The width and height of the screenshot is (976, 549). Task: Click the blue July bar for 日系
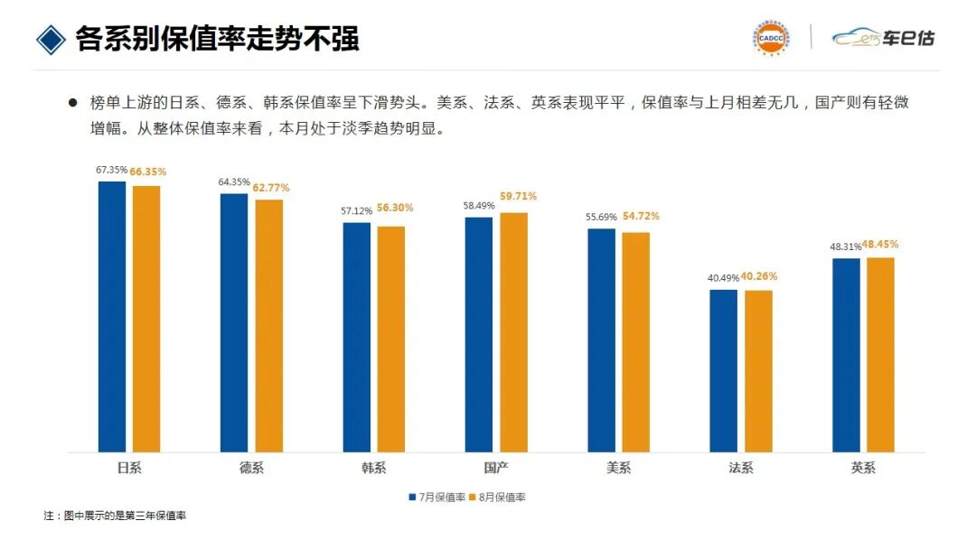112,316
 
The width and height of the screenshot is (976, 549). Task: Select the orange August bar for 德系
268,325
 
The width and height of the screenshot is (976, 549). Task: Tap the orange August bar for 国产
513,331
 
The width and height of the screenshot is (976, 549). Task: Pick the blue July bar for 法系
723,370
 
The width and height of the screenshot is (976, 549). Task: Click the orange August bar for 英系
880,354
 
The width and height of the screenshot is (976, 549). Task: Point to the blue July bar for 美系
601,340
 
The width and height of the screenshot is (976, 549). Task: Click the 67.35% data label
111,170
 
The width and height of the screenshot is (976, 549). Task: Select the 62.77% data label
271,188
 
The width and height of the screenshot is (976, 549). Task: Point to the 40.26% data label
758,276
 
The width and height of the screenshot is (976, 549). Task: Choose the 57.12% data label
356,210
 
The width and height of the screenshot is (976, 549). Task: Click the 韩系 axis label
374,468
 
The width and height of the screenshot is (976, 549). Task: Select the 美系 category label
618,468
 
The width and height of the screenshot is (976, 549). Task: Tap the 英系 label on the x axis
863,468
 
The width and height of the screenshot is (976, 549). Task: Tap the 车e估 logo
883,38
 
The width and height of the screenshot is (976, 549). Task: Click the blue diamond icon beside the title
51,39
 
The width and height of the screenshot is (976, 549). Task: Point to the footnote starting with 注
115,516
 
